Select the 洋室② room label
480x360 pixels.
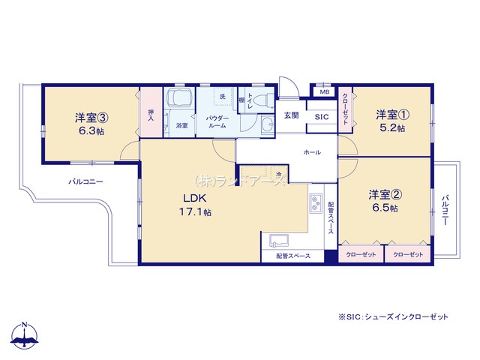pyautogui.click(x=382, y=194)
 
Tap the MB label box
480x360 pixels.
pyautogui.click(x=325, y=91)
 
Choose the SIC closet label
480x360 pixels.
pyautogui.click(x=320, y=117)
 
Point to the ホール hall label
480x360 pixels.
pyautogui.click(x=312, y=152)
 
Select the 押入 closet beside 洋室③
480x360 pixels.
pyautogui.click(x=151, y=114)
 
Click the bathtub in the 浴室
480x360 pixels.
pyautogui.click(x=181, y=100)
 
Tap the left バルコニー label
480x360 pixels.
pyautogui.click(x=86, y=182)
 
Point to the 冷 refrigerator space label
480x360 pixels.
pyautogui.click(x=278, y=175)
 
